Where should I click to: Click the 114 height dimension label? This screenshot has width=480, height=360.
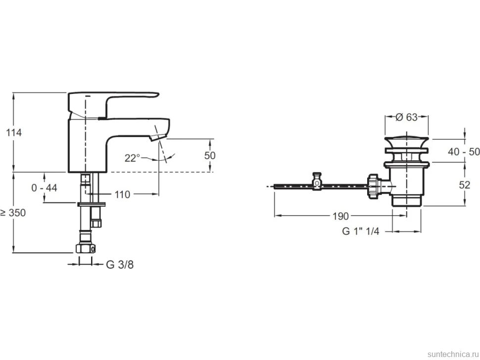pos(14,133)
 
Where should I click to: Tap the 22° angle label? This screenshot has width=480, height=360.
pos(132,158)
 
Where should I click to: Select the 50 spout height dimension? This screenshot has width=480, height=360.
pos(210,155)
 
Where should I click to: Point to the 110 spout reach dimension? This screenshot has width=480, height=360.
pos(122,194)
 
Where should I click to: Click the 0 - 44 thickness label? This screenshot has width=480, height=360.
pos(44,187)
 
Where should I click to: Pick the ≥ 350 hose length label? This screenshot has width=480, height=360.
pos(13,213)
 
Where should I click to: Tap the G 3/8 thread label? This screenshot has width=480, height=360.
pos(120,265)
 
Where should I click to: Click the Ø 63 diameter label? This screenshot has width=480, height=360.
pos(406,117)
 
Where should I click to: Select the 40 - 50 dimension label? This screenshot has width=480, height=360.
pos(464,151)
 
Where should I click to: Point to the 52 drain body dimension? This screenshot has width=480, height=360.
pos(465,185)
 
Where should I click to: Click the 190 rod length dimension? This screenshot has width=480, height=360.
pos(341,216)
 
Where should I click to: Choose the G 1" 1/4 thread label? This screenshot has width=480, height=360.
pos(361,231)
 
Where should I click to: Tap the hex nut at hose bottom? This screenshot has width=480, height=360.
pos(86,248)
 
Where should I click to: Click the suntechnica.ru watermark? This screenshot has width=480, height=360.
pos(453,354)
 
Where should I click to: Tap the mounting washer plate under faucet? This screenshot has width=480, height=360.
pos(91,204)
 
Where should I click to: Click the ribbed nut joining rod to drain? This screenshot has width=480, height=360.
pos(374,187)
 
